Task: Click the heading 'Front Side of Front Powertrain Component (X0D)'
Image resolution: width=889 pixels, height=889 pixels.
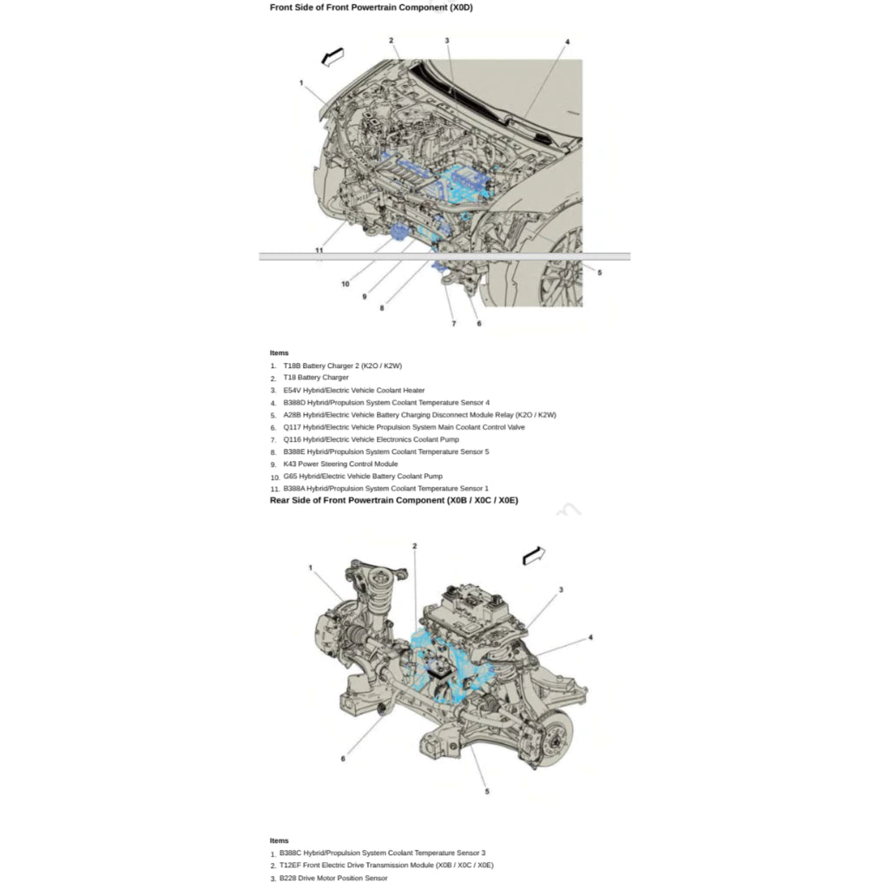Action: (371, 7)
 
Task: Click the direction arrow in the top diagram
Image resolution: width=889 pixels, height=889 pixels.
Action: (333, 56)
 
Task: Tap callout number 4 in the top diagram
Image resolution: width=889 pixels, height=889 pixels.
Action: (567, 42)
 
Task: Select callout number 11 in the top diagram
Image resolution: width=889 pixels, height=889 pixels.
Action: (319, 250)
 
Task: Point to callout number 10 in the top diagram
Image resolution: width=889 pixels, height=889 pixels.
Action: (346, 284)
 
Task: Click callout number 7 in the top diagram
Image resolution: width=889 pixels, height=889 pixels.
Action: (453, 324)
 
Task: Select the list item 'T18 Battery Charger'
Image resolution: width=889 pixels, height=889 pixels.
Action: (316, 378)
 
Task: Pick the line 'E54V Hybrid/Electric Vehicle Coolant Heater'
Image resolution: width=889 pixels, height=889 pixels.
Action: (354, 390)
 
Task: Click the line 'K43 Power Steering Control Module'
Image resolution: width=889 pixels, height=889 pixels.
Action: (340, 464)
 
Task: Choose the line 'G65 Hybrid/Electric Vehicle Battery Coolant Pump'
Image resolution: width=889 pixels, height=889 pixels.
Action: (363, 477)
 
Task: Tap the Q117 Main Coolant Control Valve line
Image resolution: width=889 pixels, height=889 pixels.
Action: (404, 427)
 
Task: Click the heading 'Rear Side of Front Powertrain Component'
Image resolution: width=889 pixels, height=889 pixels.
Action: (393, 500)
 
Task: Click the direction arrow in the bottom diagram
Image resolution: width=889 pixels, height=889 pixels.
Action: (534, 556)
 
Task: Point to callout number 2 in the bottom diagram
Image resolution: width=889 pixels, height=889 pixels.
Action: (414, 546)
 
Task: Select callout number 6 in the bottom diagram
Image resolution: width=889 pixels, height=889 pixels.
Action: (342, 759)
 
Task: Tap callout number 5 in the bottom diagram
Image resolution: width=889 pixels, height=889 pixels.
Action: (487, 792)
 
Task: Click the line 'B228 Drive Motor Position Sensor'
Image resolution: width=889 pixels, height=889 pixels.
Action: (333, 879)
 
